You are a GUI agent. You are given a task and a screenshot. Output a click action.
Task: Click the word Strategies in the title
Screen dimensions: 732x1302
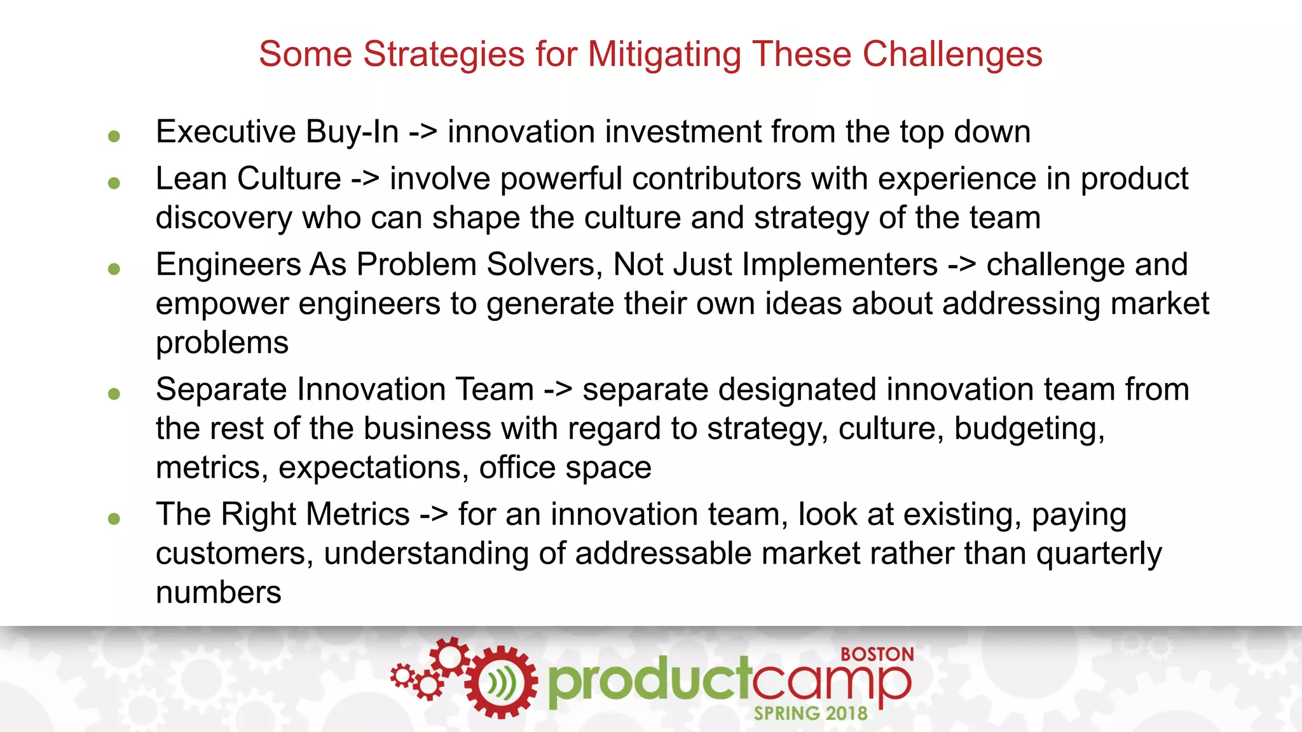444,55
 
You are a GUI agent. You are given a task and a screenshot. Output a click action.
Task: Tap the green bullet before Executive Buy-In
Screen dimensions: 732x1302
114,136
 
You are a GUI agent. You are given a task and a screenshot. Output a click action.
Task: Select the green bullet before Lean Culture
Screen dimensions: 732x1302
114,183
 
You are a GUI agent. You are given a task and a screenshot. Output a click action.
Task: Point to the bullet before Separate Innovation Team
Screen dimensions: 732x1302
114,394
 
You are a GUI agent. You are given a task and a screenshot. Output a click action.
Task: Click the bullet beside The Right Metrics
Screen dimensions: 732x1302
114,518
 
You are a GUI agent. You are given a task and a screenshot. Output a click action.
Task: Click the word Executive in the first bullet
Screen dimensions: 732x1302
226,132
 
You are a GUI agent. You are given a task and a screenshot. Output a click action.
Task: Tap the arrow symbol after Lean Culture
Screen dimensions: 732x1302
366,179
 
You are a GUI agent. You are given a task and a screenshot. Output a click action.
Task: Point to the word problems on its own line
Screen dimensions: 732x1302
222,344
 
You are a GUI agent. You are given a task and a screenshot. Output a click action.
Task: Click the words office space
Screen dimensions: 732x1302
565,468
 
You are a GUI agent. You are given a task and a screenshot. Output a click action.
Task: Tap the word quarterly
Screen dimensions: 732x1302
1099,554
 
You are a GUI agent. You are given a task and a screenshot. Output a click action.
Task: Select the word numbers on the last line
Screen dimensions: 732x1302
218,593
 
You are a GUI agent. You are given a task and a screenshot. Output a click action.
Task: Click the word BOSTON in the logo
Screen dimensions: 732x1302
877,654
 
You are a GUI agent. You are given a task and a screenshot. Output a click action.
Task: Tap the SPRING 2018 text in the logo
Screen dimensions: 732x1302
811,714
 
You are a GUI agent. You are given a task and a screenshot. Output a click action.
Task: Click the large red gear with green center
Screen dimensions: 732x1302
501,682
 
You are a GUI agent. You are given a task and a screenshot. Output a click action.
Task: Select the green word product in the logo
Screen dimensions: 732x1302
648,681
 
